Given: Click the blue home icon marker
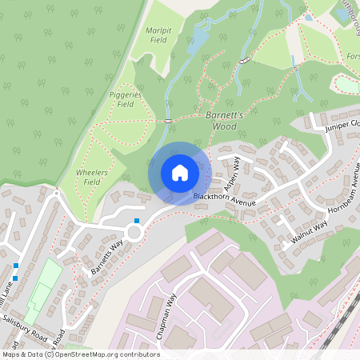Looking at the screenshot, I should (180, 173).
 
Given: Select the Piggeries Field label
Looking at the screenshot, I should (126, 98).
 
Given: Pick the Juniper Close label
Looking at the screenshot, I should (342, 125).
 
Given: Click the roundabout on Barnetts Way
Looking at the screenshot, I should (134, 233).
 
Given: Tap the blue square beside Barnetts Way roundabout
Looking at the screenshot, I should (137, 220).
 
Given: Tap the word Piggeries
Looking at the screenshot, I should (126, 94).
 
